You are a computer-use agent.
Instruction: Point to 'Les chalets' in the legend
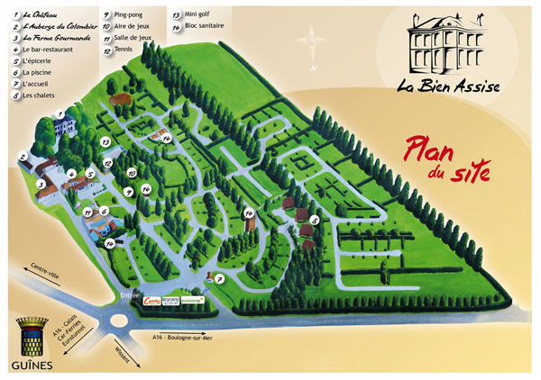point(41,94)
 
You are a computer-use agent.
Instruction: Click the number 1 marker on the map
point(60,113)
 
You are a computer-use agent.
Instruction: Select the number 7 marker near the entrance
point(218,278)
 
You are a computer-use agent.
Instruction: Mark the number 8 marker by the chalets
point(314,219)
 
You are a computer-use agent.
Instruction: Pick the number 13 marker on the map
point(105,142)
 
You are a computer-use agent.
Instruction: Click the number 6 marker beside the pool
point(105,212)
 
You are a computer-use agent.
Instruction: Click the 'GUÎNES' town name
point(32,362)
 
